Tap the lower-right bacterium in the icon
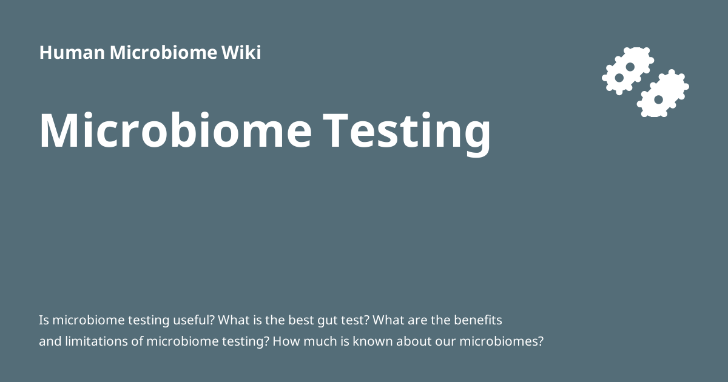point(662,94)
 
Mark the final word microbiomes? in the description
point(501,341)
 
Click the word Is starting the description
point(44,320)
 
